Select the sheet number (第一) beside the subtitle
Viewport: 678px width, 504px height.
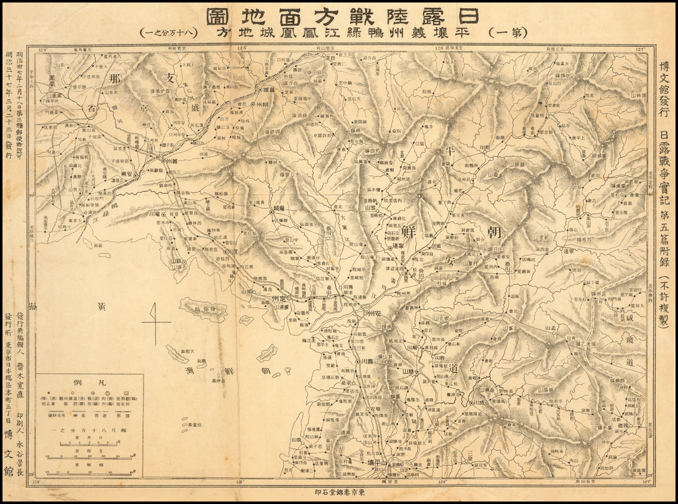(507, 32)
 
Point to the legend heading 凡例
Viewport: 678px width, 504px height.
(89, 383)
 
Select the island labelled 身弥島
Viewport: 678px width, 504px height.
(203, 309)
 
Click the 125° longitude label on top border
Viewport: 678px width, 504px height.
(242, 48)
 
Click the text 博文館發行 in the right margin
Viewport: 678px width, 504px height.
(664, 89)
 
